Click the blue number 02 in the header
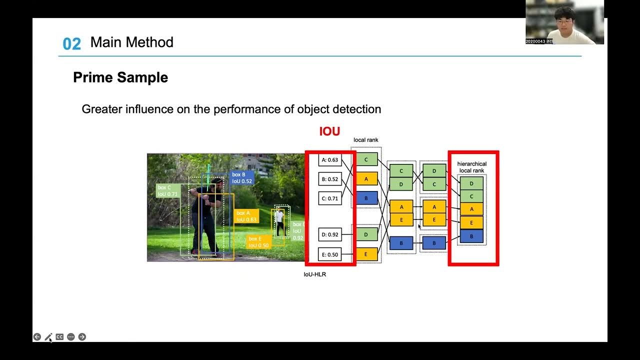point(71,44)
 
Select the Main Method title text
point(131,42)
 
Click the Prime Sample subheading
point(120,77)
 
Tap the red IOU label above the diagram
point(329,131)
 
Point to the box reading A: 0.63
point(330,160)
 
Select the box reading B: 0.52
point(330,179)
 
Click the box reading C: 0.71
point(330,198)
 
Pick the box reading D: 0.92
point(330,234)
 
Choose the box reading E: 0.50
point(330,254)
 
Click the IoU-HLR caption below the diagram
point(315,274)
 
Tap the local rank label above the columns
point(366,140)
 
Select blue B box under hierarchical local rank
point(471,236)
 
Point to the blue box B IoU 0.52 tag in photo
point(242,178)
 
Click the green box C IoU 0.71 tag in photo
point(167,190)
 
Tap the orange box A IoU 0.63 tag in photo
point(246,216)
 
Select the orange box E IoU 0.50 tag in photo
point(258,242)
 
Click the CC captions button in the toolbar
point(59,337)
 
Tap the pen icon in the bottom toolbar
point(48,337)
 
